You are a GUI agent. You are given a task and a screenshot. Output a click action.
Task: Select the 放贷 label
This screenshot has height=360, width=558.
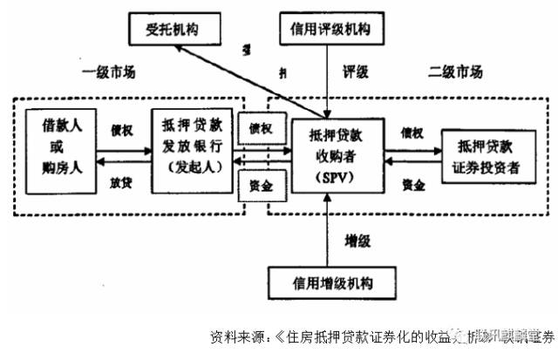point(120,181)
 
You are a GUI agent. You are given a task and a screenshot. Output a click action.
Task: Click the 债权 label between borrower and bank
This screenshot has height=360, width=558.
point(120,129)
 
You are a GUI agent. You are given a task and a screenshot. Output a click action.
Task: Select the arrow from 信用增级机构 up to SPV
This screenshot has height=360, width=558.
point(325,231)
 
